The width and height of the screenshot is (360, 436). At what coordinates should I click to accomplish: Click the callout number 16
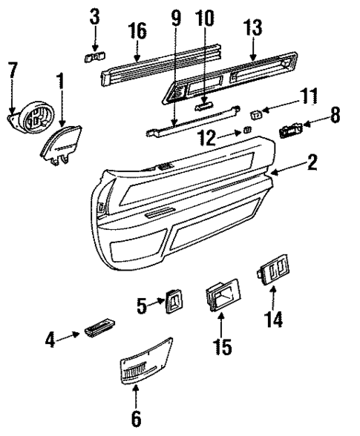point(137,31)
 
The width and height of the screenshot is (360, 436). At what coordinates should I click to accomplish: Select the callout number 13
point(253,28)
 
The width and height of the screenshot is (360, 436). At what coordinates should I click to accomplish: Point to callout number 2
point(312,162)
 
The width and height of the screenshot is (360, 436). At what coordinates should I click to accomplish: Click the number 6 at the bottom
point(137,417)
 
